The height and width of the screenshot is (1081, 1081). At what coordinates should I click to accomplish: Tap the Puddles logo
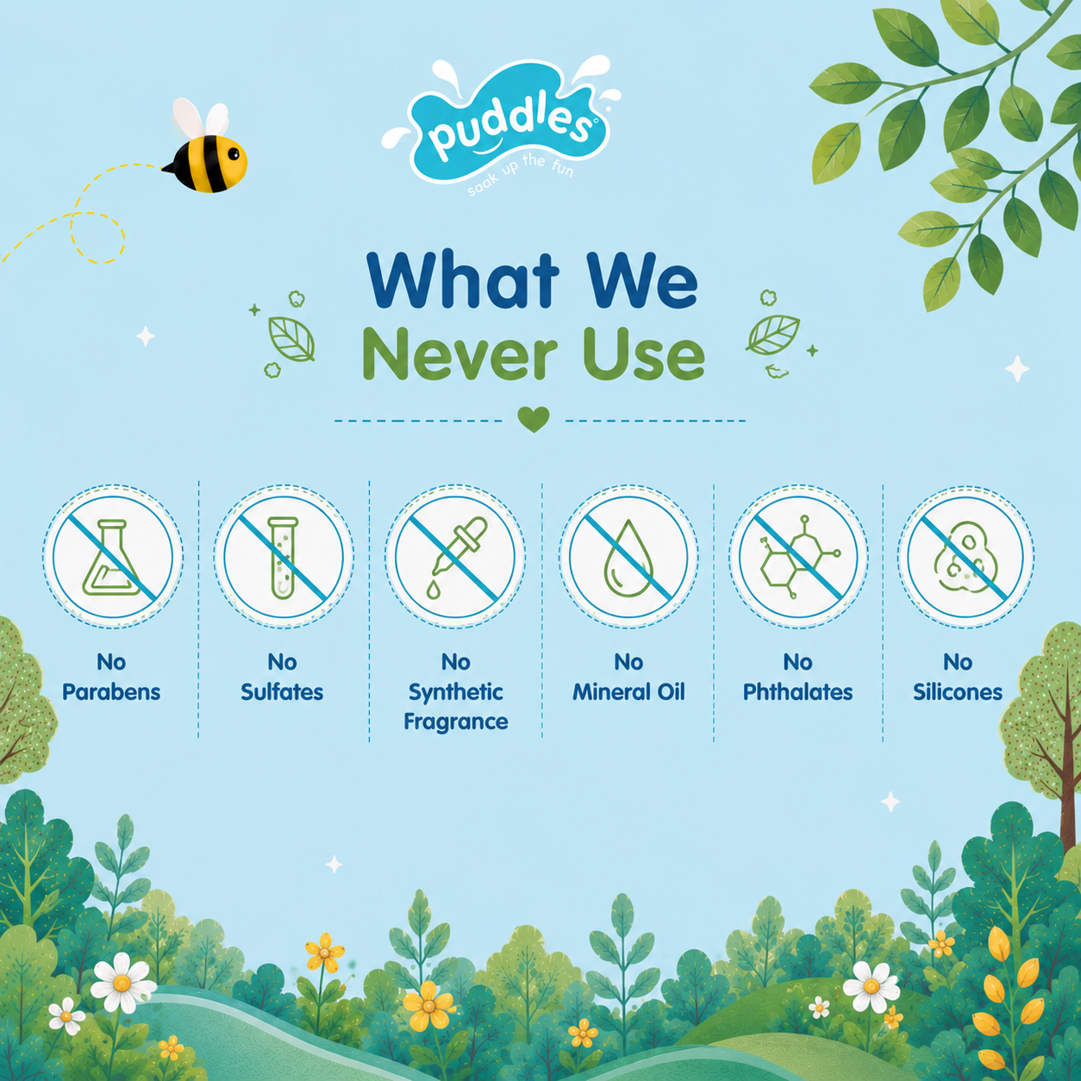tap(502, 124)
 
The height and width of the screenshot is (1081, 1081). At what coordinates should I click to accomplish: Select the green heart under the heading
tap(533, 419)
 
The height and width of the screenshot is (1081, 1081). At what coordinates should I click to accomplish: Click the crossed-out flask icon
tap(112, 557)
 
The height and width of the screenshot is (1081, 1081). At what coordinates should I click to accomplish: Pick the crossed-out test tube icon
tap(284, 557)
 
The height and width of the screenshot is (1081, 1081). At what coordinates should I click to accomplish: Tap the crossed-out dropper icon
tap(455, 557)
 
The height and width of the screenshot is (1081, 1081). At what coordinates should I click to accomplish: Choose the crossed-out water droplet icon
tap(628, 557)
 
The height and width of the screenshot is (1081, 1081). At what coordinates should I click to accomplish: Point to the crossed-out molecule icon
tap(798, 557)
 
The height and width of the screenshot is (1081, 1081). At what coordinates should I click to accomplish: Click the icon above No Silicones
tap(966, 557)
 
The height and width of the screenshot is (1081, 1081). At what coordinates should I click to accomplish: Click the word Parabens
tap(111, 691)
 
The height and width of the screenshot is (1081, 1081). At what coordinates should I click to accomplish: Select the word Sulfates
tap(282, 691)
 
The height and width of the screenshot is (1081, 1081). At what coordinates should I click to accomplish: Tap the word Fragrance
tap(455, 722)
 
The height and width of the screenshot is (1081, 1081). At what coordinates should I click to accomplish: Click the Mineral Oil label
tap(628, 691)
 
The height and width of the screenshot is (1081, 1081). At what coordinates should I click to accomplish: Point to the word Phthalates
tap(797, 691)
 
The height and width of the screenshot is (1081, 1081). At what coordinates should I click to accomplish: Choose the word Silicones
tap(957, 691)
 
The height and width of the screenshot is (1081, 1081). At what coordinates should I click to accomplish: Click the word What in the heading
tap(464, 279)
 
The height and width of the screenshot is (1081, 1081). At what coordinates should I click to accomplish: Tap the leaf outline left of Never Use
tap(291, 339)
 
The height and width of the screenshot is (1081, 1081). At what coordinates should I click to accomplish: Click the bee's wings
tap(200, 118)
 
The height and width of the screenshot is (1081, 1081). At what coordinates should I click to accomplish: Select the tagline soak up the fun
tap(521, 174)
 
